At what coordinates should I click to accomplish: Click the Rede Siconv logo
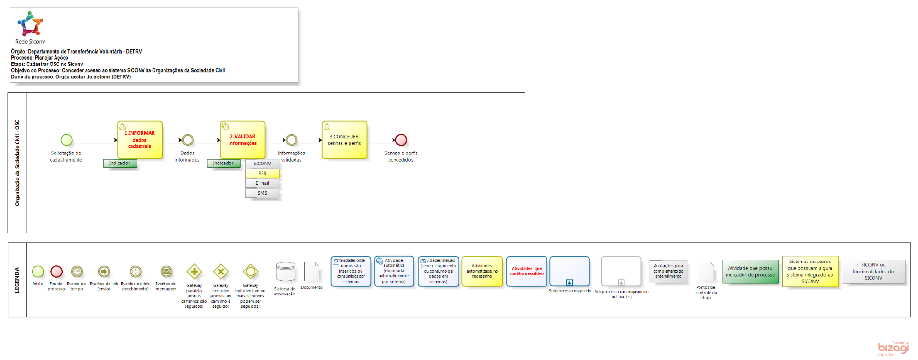pos(30,24)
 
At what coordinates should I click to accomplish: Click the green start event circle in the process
pos(66,140)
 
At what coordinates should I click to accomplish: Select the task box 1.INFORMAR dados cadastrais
pos(140,140)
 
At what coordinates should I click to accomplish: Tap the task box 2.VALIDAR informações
pos(242,140)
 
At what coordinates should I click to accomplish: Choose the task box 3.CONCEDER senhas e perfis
pos(344,140)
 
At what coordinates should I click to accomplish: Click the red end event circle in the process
pos(401,140)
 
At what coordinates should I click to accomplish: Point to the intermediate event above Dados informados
pos(187,140)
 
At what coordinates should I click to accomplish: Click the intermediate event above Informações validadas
pos(291,140)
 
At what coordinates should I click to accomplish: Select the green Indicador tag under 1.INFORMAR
pos(120,164)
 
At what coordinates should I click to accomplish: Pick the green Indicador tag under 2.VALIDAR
pos(223,164)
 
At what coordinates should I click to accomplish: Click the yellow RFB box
pos(262,174)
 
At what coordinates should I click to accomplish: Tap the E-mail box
pos(262,183)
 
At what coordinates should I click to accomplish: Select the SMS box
pos(262,193)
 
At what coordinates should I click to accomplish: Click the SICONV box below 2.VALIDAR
pos(262,164)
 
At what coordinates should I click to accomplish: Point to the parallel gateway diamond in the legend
pos(194,272)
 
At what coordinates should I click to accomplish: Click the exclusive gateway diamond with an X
pos(220,272)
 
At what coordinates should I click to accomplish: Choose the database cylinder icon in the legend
pos(285,272)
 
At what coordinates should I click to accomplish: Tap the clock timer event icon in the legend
pos(76,272)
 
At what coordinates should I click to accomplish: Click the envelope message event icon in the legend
pos(166,272)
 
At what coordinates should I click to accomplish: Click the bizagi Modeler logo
pos(893,349)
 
